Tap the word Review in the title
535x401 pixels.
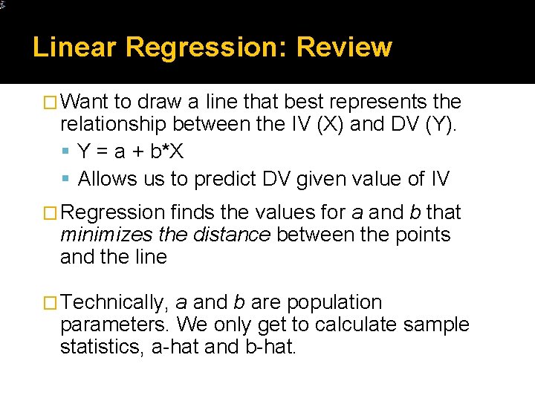pos(344,48)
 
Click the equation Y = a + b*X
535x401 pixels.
pos(130,151)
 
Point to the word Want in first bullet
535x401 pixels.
pos(85,102)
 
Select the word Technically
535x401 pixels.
pos(114,303)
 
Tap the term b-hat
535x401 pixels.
pos(270,347)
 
